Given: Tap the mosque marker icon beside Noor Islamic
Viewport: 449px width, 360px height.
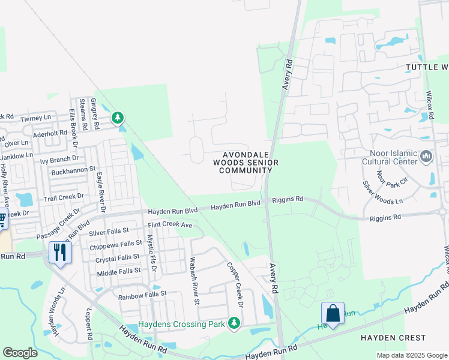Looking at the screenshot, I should (x=427, y=157).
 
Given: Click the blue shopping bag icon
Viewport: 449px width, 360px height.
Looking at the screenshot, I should (x=333, y=313).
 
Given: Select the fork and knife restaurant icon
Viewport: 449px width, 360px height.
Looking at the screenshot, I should (x=60, y=252).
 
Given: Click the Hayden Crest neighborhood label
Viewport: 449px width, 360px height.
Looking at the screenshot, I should (x=393, y=338).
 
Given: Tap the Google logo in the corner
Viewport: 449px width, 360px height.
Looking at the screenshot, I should (x=20, y=353).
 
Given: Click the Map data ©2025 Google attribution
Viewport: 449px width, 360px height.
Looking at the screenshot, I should (x=412, y=355).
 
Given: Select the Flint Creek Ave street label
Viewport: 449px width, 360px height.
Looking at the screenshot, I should (x=170, y=225).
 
